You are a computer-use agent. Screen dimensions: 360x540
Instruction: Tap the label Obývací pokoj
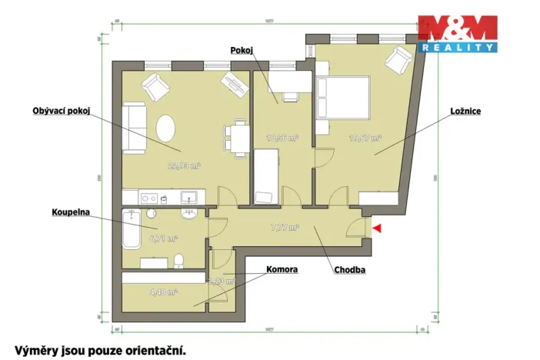click(x=62, y=111)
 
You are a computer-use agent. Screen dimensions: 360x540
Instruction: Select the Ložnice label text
click(x=465, y=111)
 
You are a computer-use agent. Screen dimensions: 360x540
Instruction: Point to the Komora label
click(x=282, y=270)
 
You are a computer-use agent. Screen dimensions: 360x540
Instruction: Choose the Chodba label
click(x=349, y=270)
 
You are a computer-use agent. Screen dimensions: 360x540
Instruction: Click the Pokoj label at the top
click(x=242, y=50)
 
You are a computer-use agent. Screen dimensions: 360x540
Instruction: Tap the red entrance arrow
click(x=375, y=227)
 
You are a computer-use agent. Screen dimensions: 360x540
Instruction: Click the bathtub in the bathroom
click(x=132, y=228)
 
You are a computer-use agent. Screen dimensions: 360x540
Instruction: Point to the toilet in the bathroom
click(x=178, y=260)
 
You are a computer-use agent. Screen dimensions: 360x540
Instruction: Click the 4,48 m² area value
click(x=164, y=292)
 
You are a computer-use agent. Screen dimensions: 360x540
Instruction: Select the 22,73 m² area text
click(x=185, y=165)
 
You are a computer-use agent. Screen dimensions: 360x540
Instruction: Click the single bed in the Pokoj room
click(x=266, y=176)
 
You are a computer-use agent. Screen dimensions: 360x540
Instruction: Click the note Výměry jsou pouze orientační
click(x=100, y=349)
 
